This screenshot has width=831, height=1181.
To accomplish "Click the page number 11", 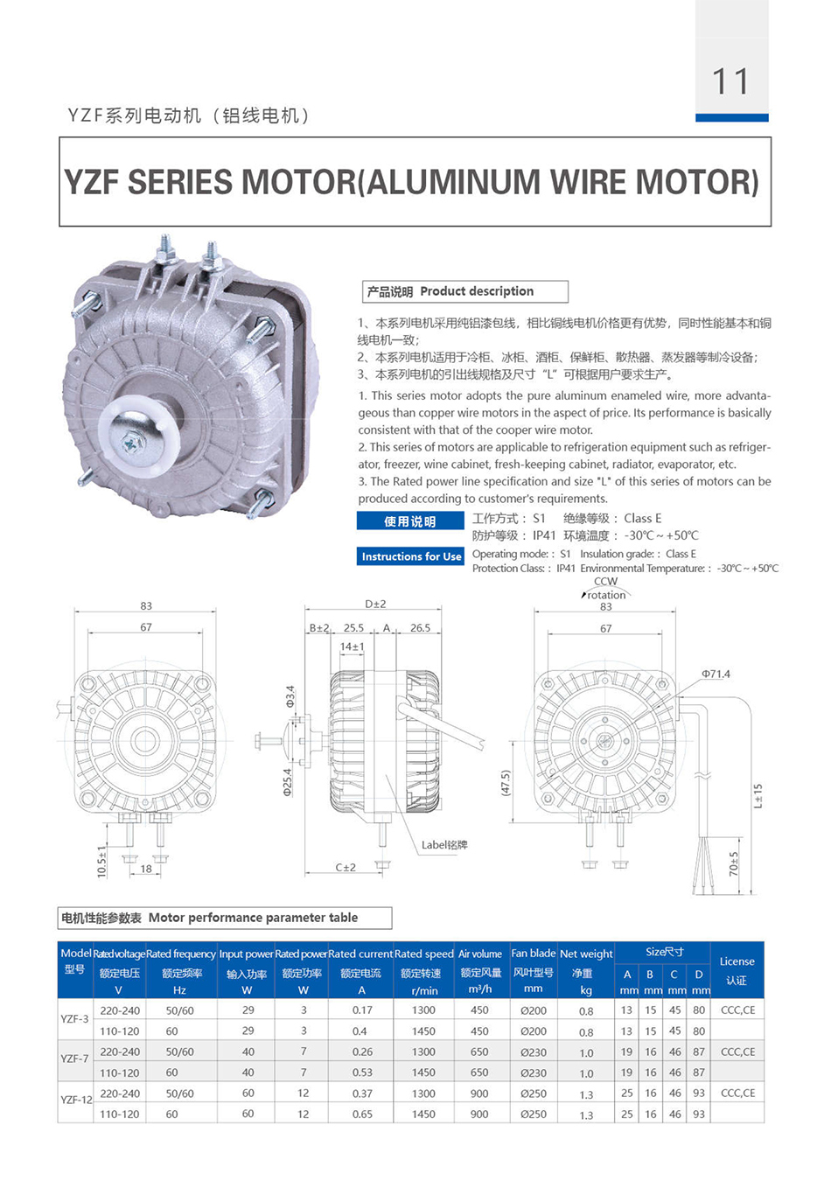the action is (730, 81).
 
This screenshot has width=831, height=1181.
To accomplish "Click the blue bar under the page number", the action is (732, 117).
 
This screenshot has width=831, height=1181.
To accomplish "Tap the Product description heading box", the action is (464, 291).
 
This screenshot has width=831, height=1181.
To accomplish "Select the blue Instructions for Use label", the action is (411, 556).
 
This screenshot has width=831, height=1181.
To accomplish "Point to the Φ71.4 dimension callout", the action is (716, 674).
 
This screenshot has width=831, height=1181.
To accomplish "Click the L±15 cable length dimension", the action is (758, 795).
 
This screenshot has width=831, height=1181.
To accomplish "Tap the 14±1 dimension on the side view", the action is (352, 646).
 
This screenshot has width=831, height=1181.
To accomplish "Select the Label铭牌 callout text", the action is (444, 844).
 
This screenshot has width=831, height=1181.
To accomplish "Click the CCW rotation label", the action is (606, 588).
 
